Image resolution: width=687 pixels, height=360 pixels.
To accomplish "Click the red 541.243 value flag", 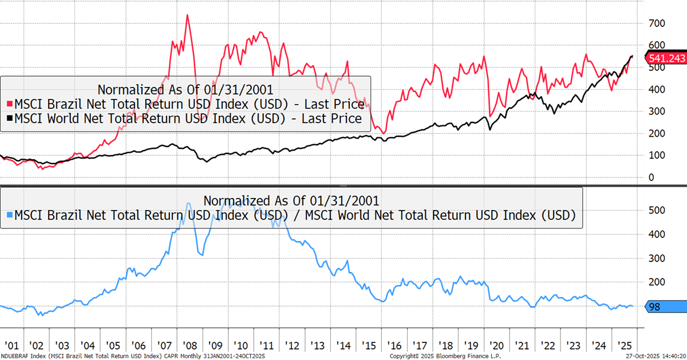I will click(x=665, y=57).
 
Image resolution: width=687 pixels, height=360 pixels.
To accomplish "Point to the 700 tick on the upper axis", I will click(x=656, y=23).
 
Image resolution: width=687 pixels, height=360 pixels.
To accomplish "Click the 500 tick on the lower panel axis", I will click(x=656, y=209).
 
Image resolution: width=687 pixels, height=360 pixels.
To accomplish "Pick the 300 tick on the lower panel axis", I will click(x=656, y=258).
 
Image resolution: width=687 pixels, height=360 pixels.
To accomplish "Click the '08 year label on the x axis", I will click(x=188, y=346).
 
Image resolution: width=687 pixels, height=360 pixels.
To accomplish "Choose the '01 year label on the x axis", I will click(x=12, y=346).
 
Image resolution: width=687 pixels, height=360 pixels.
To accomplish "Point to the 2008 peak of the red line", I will click(x=187, y=15).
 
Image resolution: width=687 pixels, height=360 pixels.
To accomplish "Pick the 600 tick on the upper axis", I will click(x=656, y=45).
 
